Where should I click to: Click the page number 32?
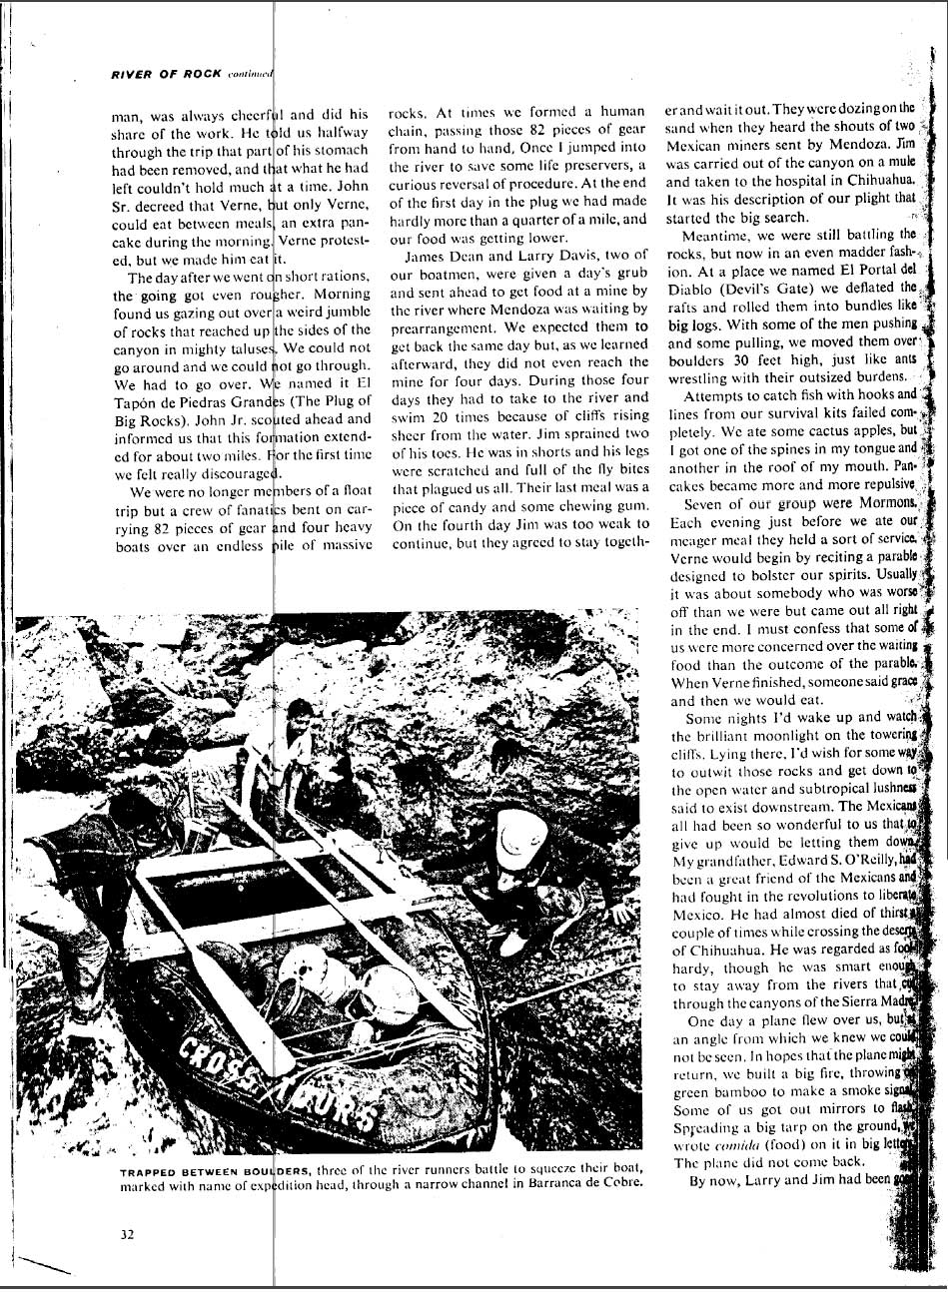coord(127,1233)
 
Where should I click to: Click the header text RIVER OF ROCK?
coord(166,73)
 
